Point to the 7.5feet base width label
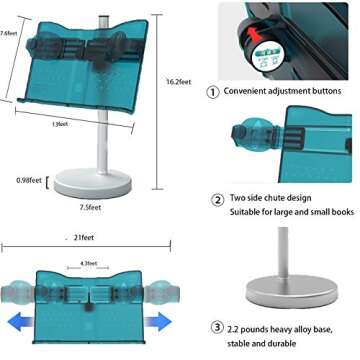[88, 207]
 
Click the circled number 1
[213, 91]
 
